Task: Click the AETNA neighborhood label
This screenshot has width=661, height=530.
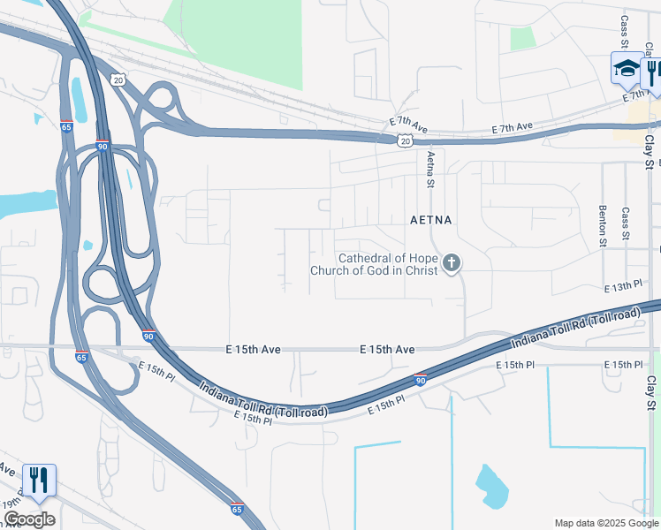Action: [431, 220]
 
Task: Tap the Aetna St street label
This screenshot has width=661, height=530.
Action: [431, 170]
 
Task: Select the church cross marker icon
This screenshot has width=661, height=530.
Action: [452, 262]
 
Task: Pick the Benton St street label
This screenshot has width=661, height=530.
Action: [604, 229]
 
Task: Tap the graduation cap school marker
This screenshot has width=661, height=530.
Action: [627, 68]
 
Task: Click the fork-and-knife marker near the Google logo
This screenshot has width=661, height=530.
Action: [39, 480]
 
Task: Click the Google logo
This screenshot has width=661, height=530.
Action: [29, 519]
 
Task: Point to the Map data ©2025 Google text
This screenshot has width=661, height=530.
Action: [605, 523]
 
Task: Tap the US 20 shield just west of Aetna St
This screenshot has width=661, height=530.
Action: [405, 140]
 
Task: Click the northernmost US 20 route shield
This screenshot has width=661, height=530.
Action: [118, 79]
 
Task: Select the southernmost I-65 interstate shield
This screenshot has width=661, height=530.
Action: [236, 509]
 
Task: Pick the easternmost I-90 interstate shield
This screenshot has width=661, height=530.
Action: [421, 380]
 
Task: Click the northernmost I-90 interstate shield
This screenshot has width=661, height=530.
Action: [103, 147]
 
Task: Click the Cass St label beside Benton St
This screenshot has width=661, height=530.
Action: [625, 225]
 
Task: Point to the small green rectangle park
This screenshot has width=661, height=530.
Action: [522, 39]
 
